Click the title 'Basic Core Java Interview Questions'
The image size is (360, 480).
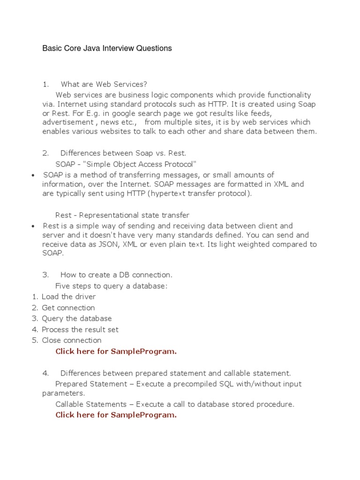pyautogui.click(x=107, y=48)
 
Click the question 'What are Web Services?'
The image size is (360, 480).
pyautogui.click(x=104, y=84)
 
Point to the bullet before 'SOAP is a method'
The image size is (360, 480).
pyautogui.click(x=33, y=175)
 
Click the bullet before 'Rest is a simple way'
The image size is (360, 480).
pyautogui.click(x=33, y=226)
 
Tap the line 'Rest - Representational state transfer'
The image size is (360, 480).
pyautogui.click(x=122, y=215)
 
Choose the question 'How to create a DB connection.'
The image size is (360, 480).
pyautogui.click(x=116, y=275)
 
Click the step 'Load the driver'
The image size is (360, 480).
pyautogui.click(x=68, y=297)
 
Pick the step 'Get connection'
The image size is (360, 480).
pyautogui.click(x=68, y=308)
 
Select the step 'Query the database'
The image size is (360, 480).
pyautogui.click(x=77, y=319)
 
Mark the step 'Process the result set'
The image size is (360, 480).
pyautogui.click(x=80, y=330)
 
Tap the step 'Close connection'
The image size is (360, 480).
pyautogui.click(x=71, y=340)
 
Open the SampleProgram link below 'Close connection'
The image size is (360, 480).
pyautogui.click(x=116, y=352)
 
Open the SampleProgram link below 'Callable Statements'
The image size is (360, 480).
pyautogui.click(x=116, y=415)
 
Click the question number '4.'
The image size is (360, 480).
pyautogui.click(x=45, y=374)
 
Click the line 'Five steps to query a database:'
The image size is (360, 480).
pyautogui.click(x=111, y=286)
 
